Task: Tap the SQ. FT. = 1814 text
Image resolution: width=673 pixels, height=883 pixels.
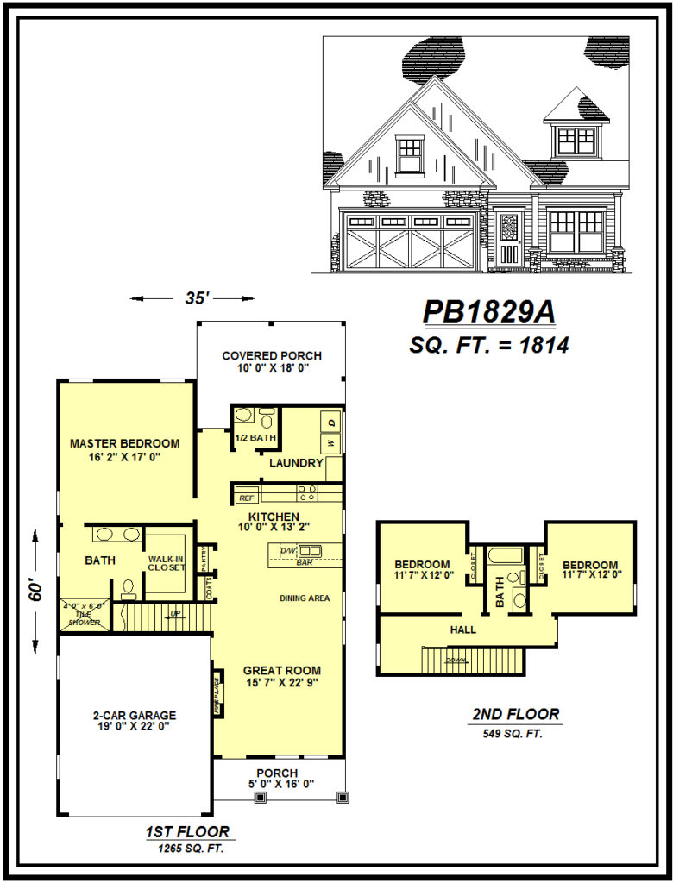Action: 487,346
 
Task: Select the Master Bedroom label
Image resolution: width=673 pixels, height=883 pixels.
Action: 125,443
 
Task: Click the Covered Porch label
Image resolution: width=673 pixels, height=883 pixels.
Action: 272,355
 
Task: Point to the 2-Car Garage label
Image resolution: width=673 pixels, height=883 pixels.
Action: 135,715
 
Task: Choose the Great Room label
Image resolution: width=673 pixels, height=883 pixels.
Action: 282,670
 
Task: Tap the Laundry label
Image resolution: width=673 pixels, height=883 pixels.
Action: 296,464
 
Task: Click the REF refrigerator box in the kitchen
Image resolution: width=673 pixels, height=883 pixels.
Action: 247,498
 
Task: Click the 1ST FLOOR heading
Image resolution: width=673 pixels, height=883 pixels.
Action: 187,832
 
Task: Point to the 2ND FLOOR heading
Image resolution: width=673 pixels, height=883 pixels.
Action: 516,715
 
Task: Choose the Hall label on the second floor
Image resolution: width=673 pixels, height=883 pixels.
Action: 463,629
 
